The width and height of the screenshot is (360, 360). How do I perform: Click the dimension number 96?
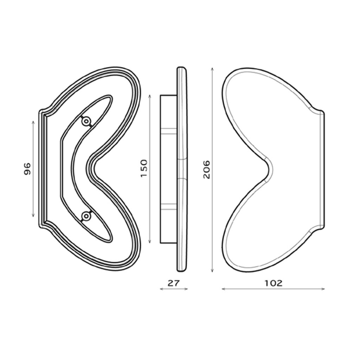[27, 169]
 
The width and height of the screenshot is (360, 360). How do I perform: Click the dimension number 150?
[144, 168]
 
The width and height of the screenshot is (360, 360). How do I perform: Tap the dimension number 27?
[174, 283]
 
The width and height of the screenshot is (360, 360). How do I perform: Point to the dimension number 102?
[274, 283]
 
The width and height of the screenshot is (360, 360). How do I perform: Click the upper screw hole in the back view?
[85, 122]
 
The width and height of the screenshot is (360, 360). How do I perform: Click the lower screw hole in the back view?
[85, 215]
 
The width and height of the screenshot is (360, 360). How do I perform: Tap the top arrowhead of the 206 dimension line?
[212, 69]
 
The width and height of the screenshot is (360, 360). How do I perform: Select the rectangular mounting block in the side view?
[168, 169]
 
